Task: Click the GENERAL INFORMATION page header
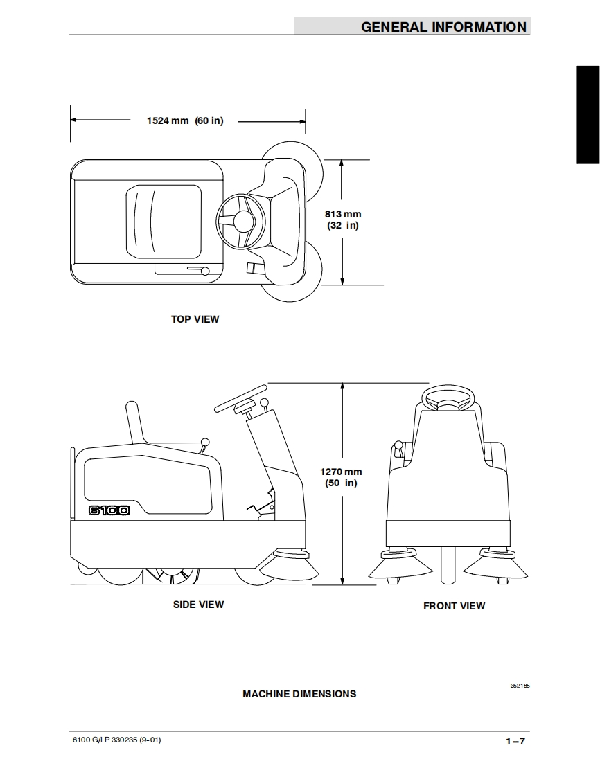point(443,27)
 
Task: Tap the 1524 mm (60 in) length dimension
point(185,120)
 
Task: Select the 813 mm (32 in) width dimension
point(343,220)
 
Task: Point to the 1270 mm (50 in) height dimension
point(341,477)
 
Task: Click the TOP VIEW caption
point(195,319)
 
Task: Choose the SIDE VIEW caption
point(198,605)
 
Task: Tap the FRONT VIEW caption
point(454,606)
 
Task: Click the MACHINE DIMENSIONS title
point(299,693)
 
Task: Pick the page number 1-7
point(515,741)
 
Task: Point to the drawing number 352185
point(520,686)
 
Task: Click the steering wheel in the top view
point(240,221)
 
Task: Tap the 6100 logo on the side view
point(109,510)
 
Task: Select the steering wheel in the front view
point(448,398)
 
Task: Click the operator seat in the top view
point(163,221)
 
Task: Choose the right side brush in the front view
point(495,564)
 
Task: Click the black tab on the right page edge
point(588,114)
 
